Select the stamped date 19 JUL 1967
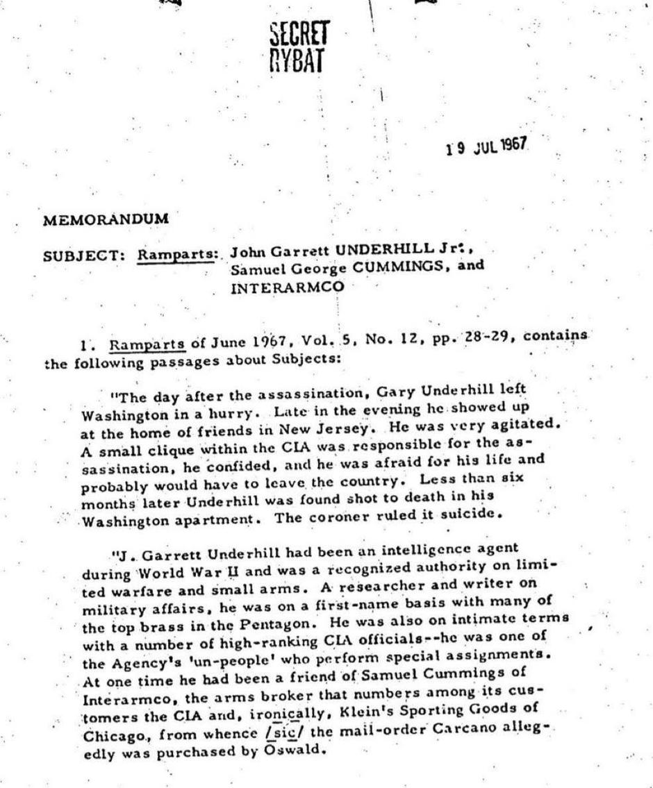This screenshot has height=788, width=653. coord(486,146)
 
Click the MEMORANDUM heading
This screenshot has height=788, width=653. coord(106,219)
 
